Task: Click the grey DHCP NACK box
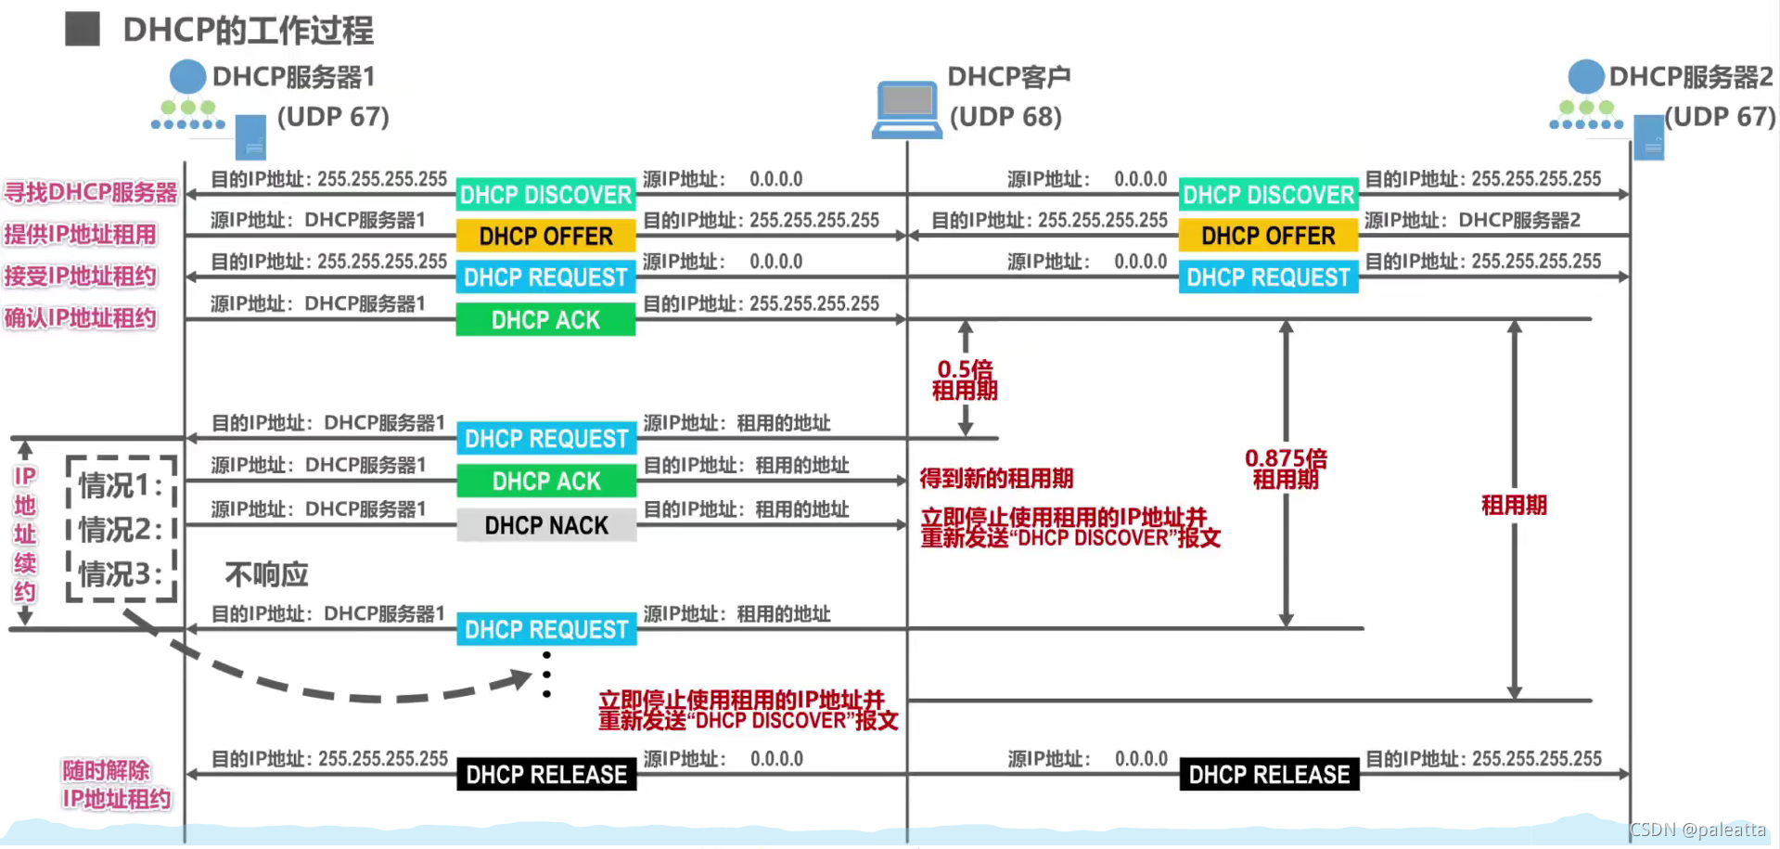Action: click(546, 525)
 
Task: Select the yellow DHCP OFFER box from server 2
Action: click(1268, 236)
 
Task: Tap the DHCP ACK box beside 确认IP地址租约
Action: click(545, 320)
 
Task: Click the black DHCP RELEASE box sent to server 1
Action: click(546, 775)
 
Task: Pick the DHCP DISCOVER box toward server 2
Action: click(1268, 195)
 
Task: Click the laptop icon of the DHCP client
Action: click(906, 109)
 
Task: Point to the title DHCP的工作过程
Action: click(248, 31)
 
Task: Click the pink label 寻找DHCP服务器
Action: click(90, 193)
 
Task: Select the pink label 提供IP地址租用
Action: click(80, 235)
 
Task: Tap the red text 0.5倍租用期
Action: click(965, 380)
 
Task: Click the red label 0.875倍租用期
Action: click(1286, 469)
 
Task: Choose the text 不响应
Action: click(266, 574)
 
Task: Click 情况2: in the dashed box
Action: click(121, 530)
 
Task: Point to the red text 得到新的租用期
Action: click(996, 479)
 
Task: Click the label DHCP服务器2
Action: click(1690, 77)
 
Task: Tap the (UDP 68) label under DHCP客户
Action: click(1005, 117)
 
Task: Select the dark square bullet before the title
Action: click(83, 29)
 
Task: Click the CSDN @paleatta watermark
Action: click(1697, 830)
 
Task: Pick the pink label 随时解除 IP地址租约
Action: click(116, 785)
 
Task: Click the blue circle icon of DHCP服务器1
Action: click(187, 77)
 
